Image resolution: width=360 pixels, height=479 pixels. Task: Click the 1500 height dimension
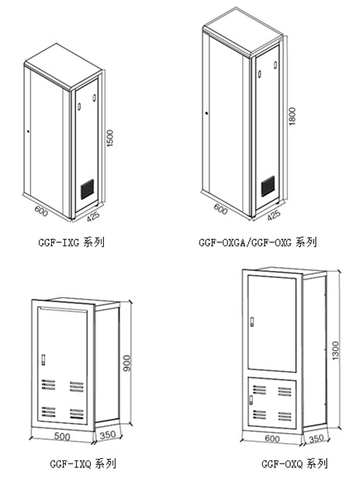pos(110,138)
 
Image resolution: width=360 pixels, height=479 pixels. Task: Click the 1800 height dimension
pos(292,116)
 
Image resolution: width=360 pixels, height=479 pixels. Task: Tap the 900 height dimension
pos(126,363)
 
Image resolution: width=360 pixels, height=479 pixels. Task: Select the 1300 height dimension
pos(336,351)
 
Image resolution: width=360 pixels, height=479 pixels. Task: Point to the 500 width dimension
pos(62,436)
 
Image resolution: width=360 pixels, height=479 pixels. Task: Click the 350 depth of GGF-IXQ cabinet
pos(108,435)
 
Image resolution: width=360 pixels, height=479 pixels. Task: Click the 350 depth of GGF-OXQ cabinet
pos(317,439)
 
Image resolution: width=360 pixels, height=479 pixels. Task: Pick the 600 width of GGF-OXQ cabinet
pos(272,439)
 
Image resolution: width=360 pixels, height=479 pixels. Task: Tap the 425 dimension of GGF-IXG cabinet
pos(93,217)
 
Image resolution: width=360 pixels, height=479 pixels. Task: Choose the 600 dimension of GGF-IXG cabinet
pos(41,211)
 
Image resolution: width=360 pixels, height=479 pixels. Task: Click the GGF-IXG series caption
pos(71,242)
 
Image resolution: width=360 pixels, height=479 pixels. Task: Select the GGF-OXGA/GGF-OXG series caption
pos(258,242)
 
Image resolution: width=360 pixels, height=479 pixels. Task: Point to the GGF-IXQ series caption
pos(83,464)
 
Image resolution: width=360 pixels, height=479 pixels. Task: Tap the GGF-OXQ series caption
pos(294,463)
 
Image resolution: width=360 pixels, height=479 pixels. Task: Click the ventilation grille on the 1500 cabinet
pos(88,189)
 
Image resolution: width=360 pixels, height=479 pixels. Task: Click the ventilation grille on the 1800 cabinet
pos(268,186)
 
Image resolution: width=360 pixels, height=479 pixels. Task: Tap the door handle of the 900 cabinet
pos(43,359)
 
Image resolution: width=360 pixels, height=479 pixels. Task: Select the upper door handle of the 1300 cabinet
pos(252,322)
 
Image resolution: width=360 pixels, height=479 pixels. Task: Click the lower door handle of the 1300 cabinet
pos(251,400)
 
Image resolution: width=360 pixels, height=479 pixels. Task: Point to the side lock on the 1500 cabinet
pos(28,132)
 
